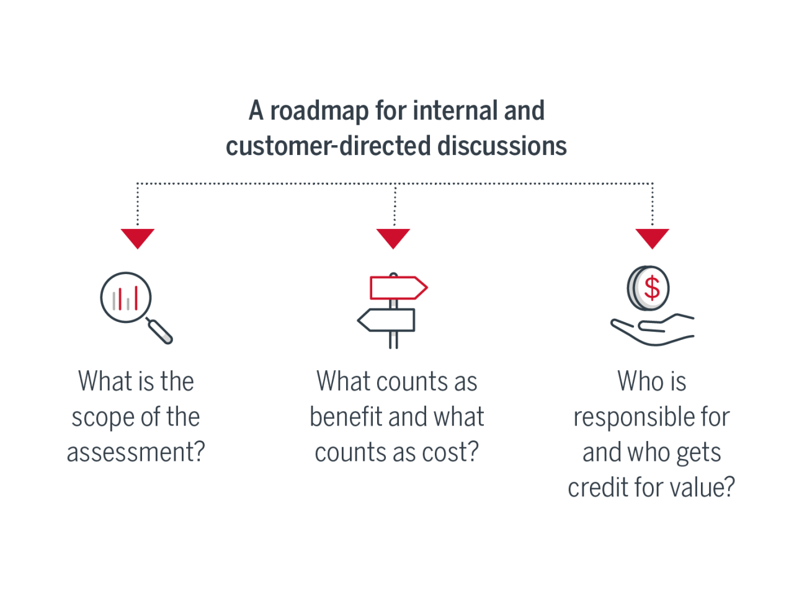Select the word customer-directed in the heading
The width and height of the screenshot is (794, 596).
coord(328,146)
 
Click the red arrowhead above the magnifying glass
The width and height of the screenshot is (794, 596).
coord(138,238)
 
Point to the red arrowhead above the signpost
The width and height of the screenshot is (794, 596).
coord(393,238)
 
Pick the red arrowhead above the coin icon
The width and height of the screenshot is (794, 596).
coord(652,238)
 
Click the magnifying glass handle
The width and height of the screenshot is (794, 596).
coord(160,331)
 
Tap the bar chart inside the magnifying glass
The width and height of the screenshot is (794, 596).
coord(125,298)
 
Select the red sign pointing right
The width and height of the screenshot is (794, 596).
coord(398,288)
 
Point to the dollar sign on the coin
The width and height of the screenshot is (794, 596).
coord(652,288)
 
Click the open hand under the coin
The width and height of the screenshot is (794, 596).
coord(651,331)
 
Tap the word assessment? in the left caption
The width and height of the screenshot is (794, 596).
coord(136,453)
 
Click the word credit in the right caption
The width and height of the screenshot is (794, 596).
coord(597,488)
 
